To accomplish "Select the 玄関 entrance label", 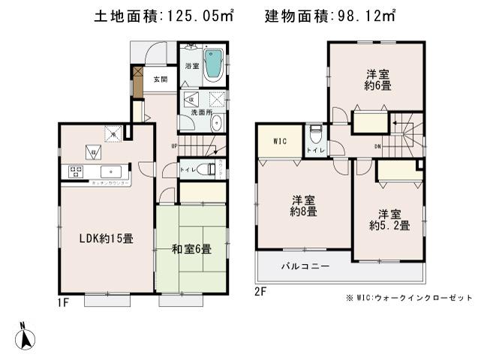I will click(160, 79).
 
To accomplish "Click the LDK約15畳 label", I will click(107, 239).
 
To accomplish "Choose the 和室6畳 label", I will click(191, 250).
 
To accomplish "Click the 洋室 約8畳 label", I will click(304, 205).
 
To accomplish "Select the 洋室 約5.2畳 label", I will click(388, 218).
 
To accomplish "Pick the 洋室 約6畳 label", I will click(377, 79).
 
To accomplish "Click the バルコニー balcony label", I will click(305, 266).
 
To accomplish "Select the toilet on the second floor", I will click(317, 136).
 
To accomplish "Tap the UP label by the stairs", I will click(174, 145).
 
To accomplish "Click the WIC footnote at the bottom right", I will click(410, 298).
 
